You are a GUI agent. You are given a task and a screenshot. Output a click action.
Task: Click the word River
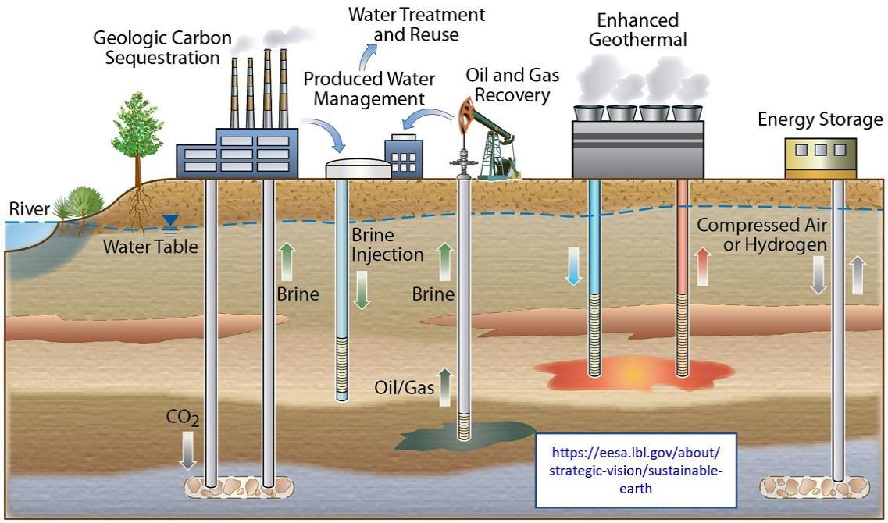pyautogui.click(x=28, y=208)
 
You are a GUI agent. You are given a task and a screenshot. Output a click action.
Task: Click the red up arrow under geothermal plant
pyautogui.click(x=703, y=265)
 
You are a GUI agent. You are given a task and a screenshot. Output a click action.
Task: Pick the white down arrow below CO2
pyautogui.click(x=187, y=450)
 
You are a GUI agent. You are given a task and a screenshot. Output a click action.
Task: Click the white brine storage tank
pyautogui.click(x=358, y=168)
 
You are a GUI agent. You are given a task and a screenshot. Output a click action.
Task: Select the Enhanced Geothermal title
pyautogui.click(x=637, y=30)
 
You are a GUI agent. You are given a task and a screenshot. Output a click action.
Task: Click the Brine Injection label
pyautogui.click(x=387, y=245)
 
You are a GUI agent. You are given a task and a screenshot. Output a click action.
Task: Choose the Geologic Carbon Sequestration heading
pyautogui.click(x=156, y=47)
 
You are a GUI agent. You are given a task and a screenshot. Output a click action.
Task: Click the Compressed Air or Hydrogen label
pyautogui.click(x=761, y=235)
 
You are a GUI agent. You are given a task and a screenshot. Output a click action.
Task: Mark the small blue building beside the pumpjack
pyautogui.click(x=403, y=157)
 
